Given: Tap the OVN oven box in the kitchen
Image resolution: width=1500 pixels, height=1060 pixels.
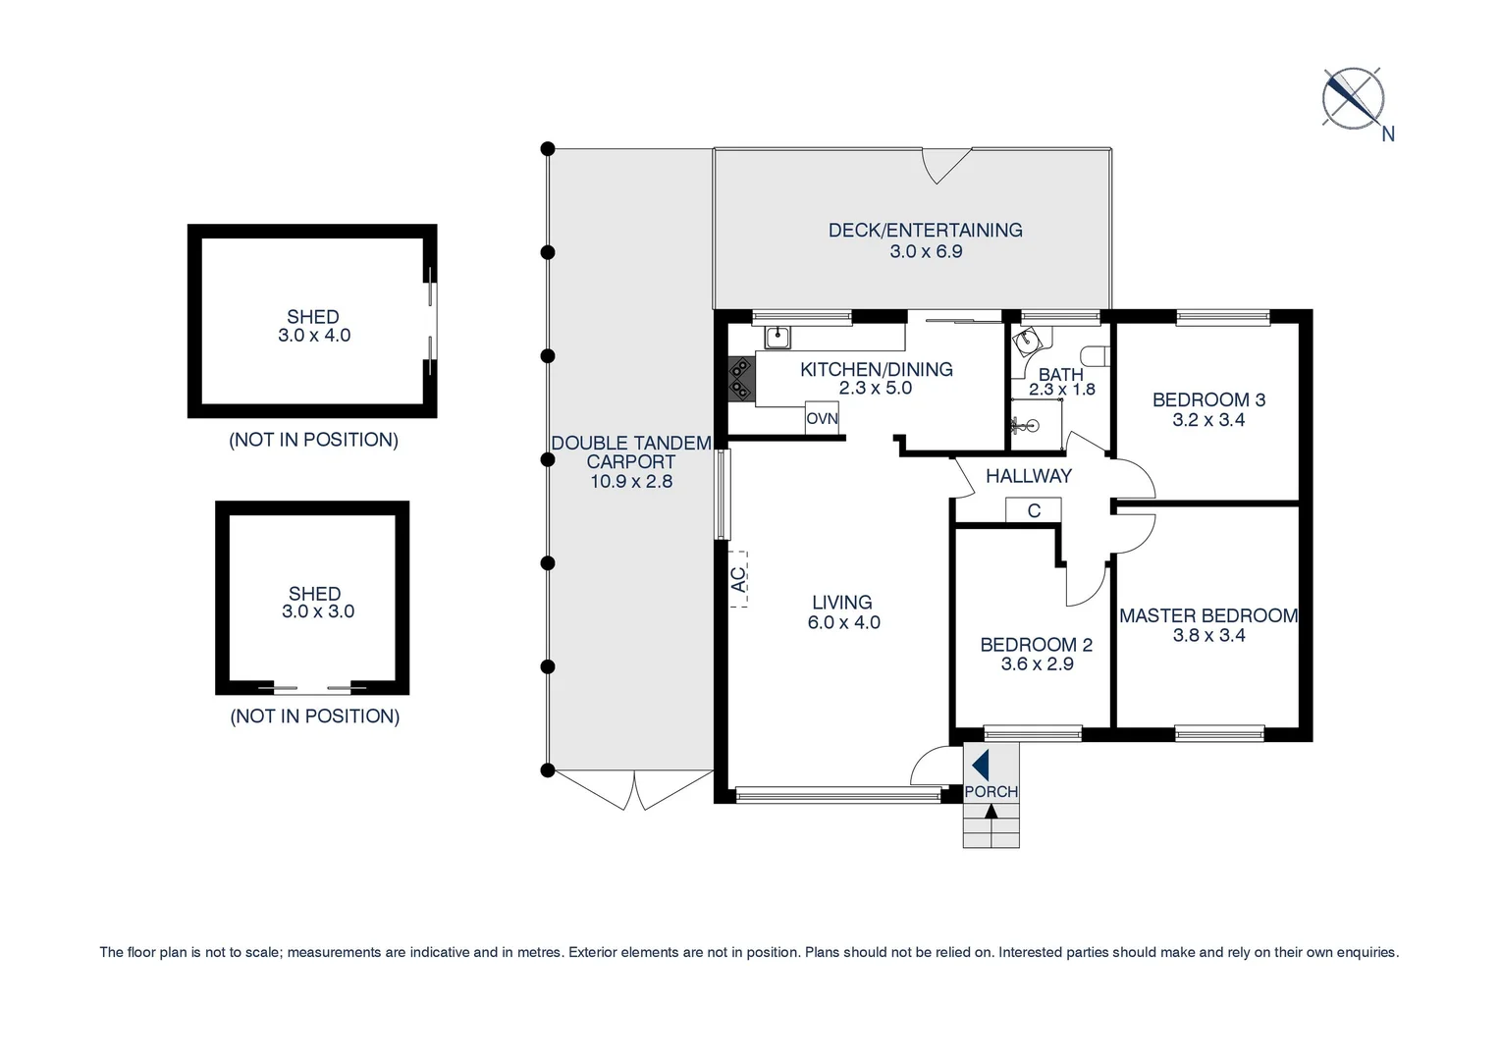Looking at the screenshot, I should tap(822, 418).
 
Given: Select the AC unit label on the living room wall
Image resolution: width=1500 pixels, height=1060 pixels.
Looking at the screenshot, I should tap(738, 579).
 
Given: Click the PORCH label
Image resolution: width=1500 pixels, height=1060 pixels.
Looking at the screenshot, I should tap(991, 791).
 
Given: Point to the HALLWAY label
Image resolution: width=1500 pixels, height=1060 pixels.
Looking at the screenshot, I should tap(1028, 476).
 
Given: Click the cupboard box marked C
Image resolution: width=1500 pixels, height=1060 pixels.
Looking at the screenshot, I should tap(1033, 510).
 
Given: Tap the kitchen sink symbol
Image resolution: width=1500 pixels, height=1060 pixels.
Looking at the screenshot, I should tap(777, 337).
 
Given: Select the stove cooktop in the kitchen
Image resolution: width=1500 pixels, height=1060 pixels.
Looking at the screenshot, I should tap(740, 379).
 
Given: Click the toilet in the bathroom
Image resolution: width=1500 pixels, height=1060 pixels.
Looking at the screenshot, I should tap(1094, 355).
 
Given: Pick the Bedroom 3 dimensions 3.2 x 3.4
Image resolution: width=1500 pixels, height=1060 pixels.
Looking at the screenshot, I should tap(1208, 420).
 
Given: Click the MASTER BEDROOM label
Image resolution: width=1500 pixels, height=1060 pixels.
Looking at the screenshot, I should tap(1208, 615).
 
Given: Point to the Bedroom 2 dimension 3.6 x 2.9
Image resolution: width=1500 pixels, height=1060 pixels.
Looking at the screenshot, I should tap(1037, 664).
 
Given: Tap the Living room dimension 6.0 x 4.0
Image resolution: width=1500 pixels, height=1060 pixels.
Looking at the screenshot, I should tap(843, 622).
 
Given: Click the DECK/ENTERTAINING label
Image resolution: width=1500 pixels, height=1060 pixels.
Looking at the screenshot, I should tap(925, 230).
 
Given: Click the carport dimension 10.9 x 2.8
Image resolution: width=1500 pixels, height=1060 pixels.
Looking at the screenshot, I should tap(630, 482).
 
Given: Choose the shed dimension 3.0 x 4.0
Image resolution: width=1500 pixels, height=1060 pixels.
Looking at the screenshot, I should tap(313, 336).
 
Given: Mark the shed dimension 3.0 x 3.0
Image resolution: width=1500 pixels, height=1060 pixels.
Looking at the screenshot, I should tap(317, 611).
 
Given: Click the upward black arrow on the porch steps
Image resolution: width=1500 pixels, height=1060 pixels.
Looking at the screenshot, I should tap(991, 812).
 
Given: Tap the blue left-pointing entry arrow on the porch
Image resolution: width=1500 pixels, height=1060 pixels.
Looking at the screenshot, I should tap(980, 765).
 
